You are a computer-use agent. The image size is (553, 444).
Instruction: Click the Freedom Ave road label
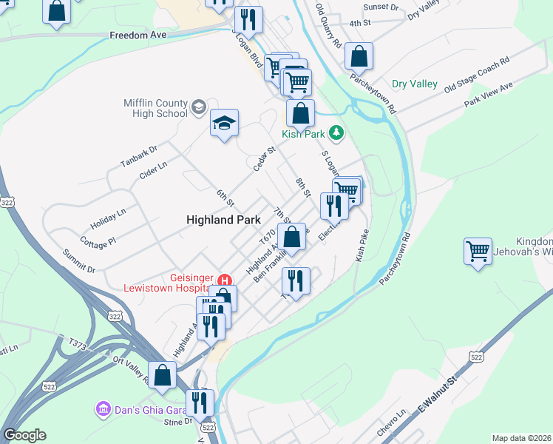tap(139, 35)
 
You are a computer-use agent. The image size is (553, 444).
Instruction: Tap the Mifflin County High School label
tap(156, 109)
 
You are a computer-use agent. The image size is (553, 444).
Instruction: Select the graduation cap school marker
tap(224, 123)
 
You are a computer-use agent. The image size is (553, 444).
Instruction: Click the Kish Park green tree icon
tap(337, 133)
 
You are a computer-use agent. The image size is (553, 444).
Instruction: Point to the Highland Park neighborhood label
tap(220, 220)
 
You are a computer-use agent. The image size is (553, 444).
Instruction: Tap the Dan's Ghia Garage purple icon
tap(102, 408)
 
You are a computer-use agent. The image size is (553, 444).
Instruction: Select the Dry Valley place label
tap(414, 84)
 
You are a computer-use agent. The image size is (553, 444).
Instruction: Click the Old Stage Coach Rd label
tap(477, 75)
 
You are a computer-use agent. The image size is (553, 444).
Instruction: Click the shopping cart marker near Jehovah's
tap(478, 251)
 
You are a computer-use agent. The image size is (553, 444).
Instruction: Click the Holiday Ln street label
tap(109, 217)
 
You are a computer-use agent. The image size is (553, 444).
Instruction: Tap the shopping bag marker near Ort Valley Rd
tap(163, 374)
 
